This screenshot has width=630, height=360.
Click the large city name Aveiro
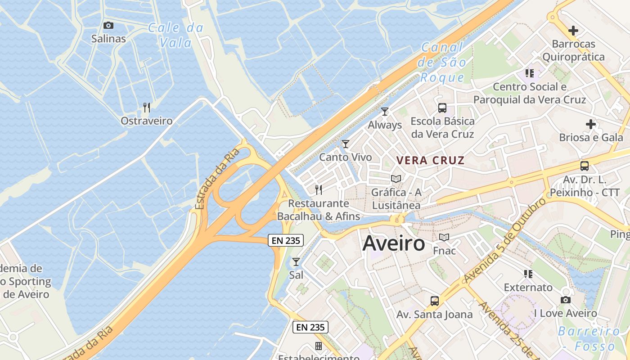(x=393, y=243)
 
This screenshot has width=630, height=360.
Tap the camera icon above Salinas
(x=108, y=26)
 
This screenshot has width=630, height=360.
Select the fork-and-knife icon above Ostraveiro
(x=146, y=107)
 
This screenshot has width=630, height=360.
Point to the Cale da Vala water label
(x=175, y=35)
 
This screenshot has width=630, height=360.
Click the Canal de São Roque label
(x=442, y=62)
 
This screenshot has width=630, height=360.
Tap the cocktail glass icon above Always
(x=385, y=111)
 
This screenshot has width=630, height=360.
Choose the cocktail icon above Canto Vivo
(x=346, y=144)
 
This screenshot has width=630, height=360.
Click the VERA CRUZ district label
(x=430, y=160)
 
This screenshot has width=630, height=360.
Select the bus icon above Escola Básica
(x=442, y=108)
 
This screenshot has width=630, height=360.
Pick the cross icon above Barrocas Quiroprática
(x=573, y=31)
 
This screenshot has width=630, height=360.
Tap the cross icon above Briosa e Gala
(x=591, y=124)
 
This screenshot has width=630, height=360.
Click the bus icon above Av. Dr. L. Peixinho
(x=585, y=166)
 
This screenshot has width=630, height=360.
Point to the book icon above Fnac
(x=444, y=237)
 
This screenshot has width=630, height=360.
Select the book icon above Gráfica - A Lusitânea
(x=396, y=179)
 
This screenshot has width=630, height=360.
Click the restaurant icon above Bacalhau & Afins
(x=319, y=189)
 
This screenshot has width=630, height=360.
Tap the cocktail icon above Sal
(x=296, y=261)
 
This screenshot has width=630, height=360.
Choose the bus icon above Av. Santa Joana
(x=435, y=301)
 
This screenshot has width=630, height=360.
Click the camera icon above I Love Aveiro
(x=565, y=300)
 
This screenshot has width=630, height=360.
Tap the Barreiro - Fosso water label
(x=589, y=339)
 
